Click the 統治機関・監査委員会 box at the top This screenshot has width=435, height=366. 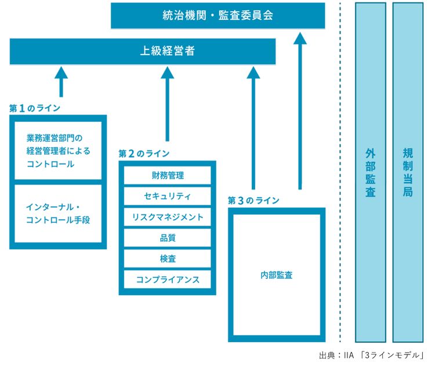(x=217, y=15)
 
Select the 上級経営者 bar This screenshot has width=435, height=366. (x=143, y=51)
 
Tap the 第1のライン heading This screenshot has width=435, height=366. (x=35, y=108)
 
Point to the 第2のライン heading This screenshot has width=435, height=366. (x=144, y=154)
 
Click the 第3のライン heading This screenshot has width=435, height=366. (x=253, y=200)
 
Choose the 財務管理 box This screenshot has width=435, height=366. (x=168, y=175)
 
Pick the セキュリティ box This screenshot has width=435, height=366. (x=168, y=196)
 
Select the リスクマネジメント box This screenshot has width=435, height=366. (x=168, y=217)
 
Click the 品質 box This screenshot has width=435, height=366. (x=168, y=238)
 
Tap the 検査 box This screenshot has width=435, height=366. (x=168, y=259)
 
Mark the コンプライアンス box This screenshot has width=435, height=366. (x=168, y=280)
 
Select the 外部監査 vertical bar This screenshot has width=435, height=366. (x=371, y=172)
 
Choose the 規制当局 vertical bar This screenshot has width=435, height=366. (x=408, y=172)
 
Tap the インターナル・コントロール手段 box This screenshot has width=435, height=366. (x=58, y=213)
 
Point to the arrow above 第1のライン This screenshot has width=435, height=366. (x=61, y=81)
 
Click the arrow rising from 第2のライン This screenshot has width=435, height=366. (x=168, y=104)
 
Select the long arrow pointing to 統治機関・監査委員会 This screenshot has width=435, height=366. (x=300, y=110)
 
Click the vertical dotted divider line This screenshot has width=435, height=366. (x=340, y=174)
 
